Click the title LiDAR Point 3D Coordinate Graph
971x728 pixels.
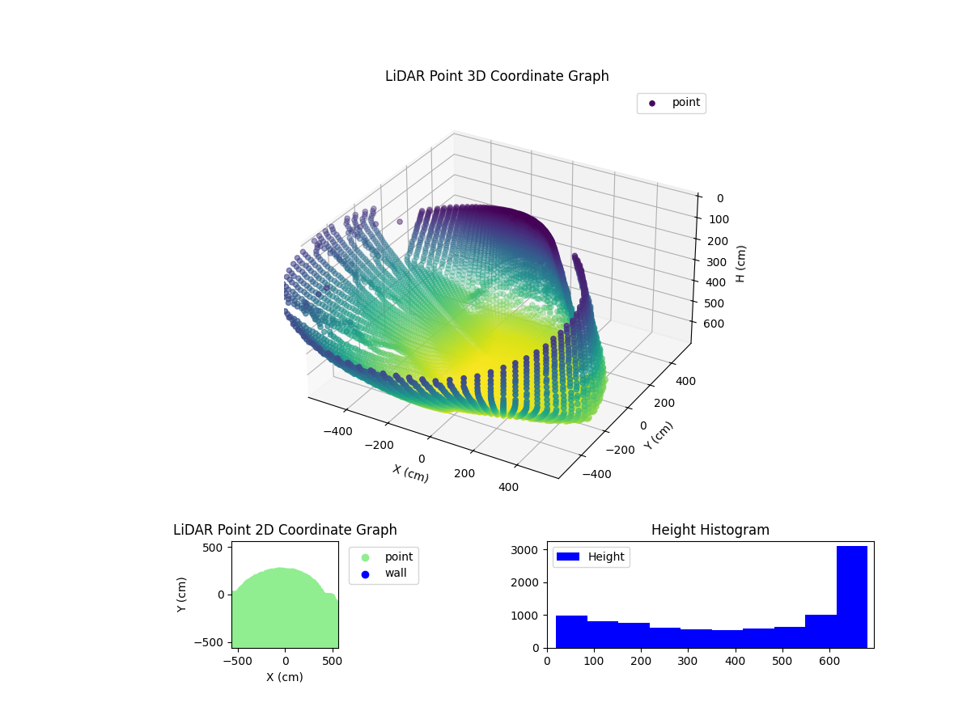[497, 76]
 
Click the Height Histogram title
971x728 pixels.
[710, 530]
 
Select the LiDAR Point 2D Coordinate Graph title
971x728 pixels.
[285, 530]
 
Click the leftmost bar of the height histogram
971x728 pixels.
[571, 632]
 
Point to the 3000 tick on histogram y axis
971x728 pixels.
[528, 550]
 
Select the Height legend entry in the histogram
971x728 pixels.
[591, 557]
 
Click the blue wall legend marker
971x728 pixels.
[365, 574]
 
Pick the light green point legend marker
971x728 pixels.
[365, 557]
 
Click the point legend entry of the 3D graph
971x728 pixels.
[671, 103]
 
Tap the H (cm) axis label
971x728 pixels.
[741, 264]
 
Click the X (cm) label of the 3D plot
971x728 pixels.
[410, 473]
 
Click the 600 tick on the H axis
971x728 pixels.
[714, 324]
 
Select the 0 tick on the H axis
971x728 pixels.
[720, 198]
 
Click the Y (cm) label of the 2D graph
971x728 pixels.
[182, 595]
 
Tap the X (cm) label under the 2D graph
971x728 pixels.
[285, 677]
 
